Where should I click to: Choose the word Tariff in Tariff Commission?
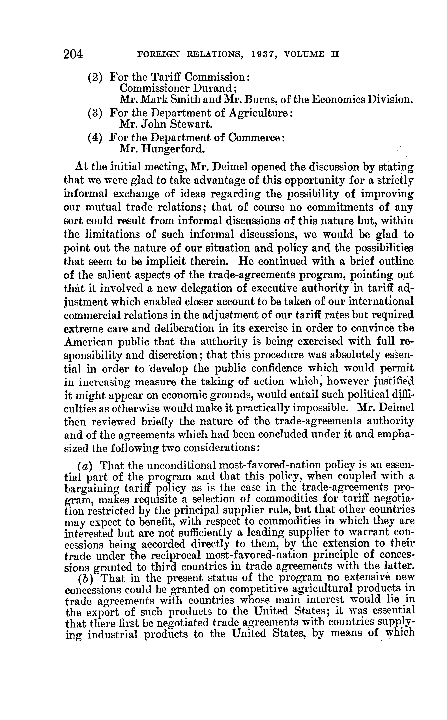tap(165, 77)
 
